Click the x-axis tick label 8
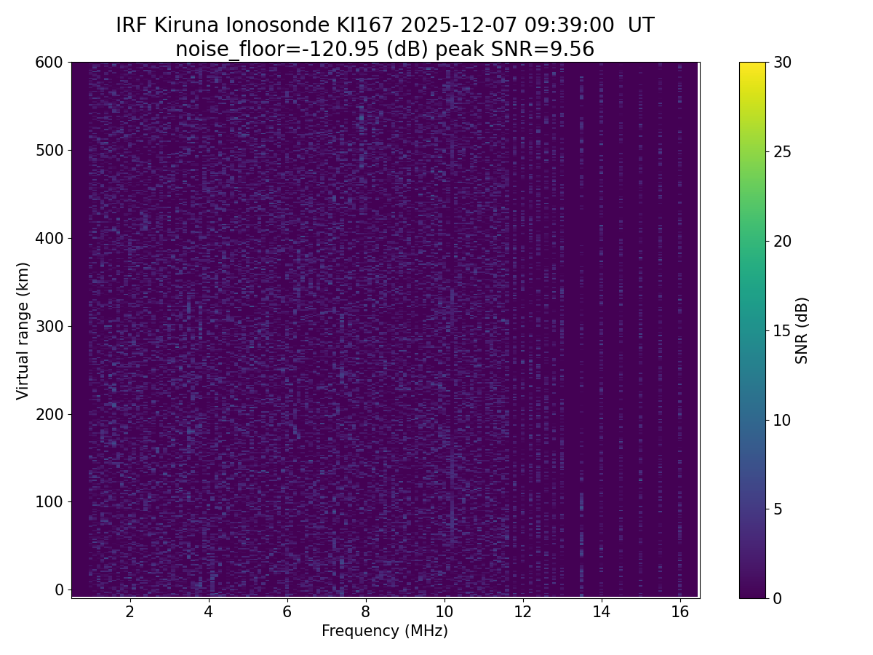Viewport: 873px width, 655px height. [366, 611]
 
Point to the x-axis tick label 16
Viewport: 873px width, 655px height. [679, 611]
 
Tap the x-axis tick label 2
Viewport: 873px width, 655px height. [130, 611]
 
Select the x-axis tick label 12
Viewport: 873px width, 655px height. [523, 611]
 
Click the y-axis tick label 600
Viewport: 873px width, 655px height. [49, 63]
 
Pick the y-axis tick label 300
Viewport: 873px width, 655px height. [49, 326]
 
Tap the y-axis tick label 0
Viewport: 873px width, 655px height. [59, 589]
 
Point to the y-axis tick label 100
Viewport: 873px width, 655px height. [49, 502]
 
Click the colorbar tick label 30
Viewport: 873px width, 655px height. [783, 63]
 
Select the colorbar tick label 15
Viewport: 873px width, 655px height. [783, 330]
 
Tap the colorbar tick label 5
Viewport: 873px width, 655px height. [778, 509]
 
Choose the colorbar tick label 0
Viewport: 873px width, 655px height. [778, 598]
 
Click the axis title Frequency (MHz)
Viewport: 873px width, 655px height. [385, 631]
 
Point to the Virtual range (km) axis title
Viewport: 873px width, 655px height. [23, 330]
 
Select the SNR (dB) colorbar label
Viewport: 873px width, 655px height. [802, 330]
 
